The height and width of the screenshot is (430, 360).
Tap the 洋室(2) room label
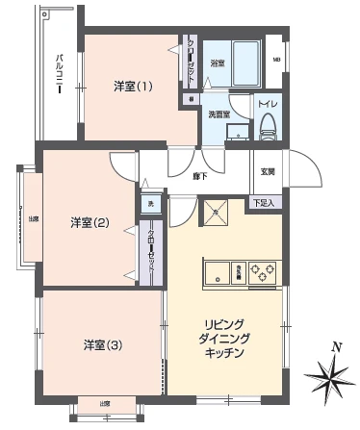[x=90, y=224]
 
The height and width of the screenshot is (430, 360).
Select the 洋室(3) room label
[x=101, y=344]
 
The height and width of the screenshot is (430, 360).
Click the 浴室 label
[x=219, y=63]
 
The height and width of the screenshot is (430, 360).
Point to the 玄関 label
[x=267, y=171]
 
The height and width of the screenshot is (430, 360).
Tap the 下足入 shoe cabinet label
[x=264, y=203]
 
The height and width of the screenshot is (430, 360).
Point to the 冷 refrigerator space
[x=217, y=213]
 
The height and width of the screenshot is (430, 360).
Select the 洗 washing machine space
[x=149, y=204]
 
